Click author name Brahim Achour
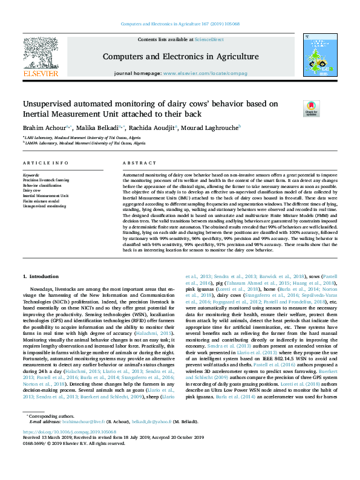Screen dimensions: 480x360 click(x=45, y=128)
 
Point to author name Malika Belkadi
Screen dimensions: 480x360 click(x=99, y=128)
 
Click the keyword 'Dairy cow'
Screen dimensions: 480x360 click(x=32, y=190)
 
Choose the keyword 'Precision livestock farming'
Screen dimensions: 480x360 click(x=46, y=180)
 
